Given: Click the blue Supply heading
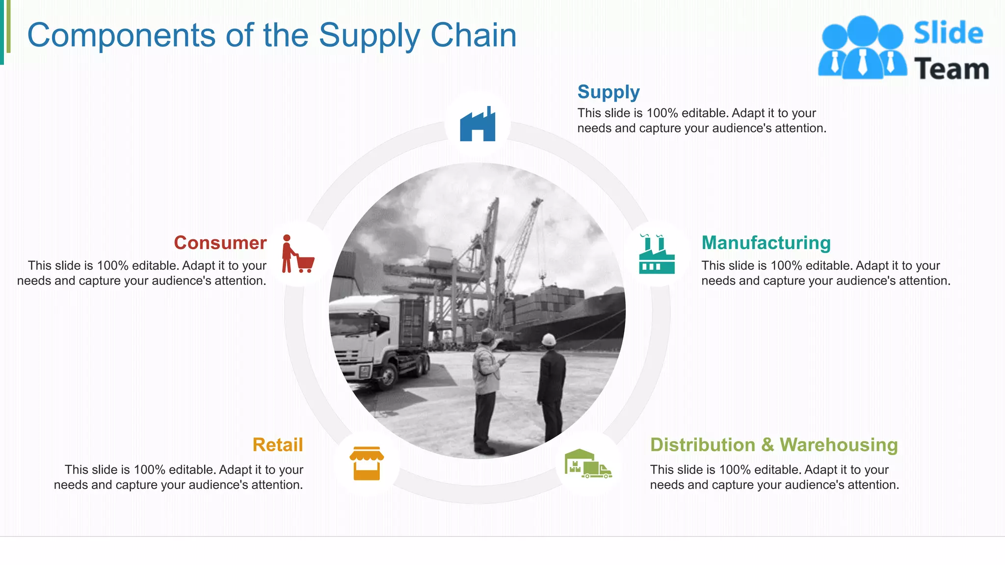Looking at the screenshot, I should coord(608,92).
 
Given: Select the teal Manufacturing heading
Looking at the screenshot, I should coord(766,243).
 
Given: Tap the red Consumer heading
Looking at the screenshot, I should coord(220,243).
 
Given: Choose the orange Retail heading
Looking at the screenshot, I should coord(278,445).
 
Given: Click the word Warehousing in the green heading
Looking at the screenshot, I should coord(839,445).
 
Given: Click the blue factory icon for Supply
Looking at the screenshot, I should coord(477,125).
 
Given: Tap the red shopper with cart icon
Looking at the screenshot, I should coord(297,254).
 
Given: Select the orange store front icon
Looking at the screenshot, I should coord(367,463).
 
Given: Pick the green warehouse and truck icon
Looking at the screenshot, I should coord(588,463).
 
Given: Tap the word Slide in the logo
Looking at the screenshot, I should coord(948,33).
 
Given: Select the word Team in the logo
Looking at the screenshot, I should coord(951,69).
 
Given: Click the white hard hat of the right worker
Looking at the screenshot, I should coord(548,339).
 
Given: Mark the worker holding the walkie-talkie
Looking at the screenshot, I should coord(486,387).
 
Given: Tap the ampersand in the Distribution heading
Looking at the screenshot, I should coord(767,445).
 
